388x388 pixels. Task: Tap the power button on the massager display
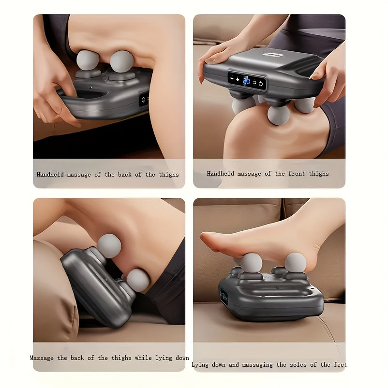[261, 83]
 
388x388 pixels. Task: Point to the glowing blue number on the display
[246, 80]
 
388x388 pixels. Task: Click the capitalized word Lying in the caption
[200, 365]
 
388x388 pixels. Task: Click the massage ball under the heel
[295, 262]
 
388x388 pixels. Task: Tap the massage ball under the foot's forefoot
[252, 263]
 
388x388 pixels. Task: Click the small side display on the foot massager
[224, 296]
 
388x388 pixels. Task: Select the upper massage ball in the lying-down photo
[109, 246]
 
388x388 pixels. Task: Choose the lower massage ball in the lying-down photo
[138, 280]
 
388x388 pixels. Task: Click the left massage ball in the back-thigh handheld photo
[88, 60]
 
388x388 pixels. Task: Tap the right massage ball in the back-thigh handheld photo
[122, 61]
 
